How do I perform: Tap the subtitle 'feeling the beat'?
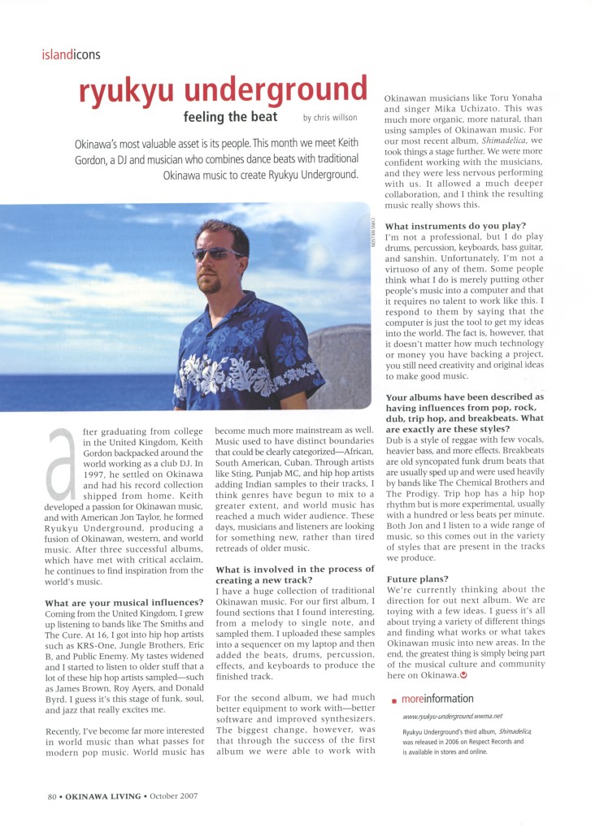(x=236, y=117)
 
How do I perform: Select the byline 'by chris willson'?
(x=330, y=118)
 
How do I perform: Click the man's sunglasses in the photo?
(x=217, y=254)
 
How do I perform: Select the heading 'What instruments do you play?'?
(x=455, y=225)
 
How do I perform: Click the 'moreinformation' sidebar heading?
(x=437, y=699)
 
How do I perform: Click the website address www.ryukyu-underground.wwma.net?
(x=454, y=717)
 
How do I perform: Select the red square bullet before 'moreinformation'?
(x=394, y=700)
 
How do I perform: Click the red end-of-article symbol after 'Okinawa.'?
(x=463, y=674)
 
